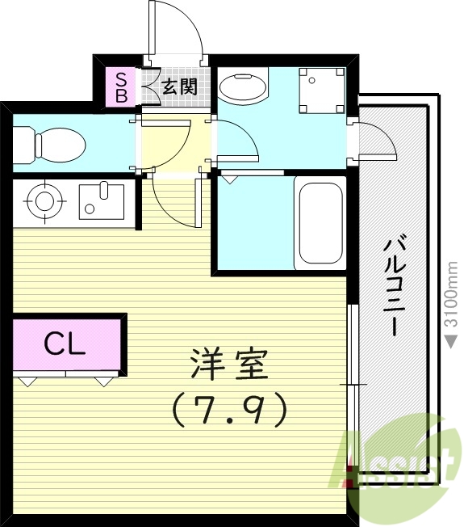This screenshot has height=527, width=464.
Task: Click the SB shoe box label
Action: coord(121,86)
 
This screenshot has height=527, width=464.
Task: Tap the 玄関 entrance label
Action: coord(178,86)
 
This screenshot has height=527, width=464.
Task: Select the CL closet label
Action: coord(65,345)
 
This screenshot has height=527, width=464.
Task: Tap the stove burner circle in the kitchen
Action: coord(41,199)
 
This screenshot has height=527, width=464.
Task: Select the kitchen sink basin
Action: coord(101,200)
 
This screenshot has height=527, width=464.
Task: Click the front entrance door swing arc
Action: coord(182,28)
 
